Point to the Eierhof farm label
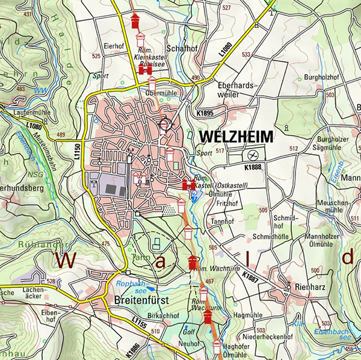tap(113, 45)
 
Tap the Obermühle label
tap(160, 93)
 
